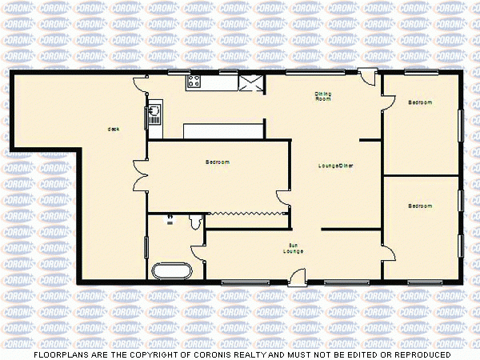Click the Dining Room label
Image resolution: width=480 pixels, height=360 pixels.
322,97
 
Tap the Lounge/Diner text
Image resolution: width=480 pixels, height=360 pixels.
336,166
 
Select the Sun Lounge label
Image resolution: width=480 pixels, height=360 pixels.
293,248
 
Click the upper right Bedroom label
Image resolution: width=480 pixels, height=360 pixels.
420,102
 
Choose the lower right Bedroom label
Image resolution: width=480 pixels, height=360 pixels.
420,206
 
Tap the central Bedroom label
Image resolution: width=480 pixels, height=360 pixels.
218,162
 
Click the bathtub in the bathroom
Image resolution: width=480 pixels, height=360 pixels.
171,270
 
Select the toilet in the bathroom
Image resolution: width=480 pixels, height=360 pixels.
195,221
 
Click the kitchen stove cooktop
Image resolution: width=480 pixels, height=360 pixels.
193,80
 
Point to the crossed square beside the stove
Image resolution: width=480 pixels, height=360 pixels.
252,82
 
